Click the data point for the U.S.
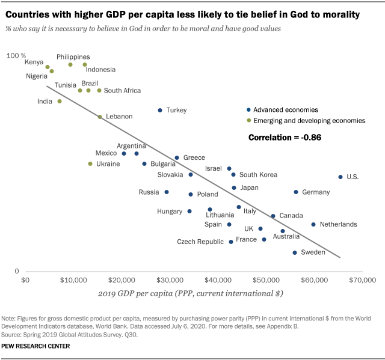point(340,177)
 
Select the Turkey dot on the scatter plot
point(160,110)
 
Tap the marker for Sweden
point(295,252)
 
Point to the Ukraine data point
point(90,163)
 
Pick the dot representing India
point(60,101)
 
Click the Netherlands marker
point(313,224)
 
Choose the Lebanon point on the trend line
point(100,117)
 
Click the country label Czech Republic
point(200,242)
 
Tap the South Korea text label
point(258,175)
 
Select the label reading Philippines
point(73,56)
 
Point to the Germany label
point(316,192)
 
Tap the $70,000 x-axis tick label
point(362,279)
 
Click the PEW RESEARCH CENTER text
point(36,346)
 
